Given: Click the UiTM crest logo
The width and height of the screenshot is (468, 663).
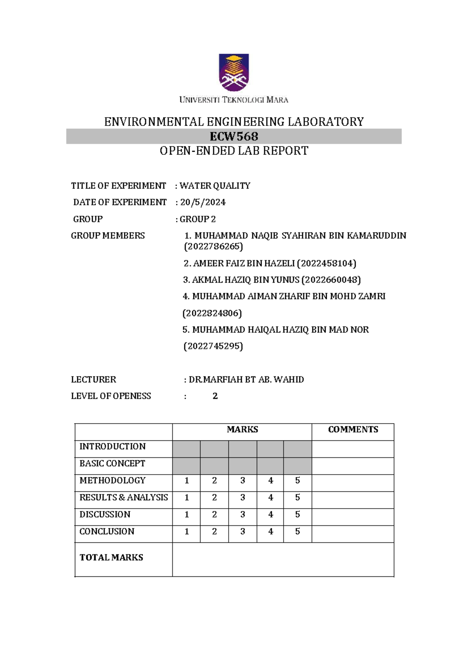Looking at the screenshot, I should pyautogui.click(x=234, y=73).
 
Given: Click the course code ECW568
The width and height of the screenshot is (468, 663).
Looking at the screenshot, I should pyautogui.click(x=234, y=136).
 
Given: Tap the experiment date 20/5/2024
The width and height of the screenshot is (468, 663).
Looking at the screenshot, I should pyautogui.click(x=203, y=202).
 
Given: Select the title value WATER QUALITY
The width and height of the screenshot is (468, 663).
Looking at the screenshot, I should pyautogui.click(x=215, y=186).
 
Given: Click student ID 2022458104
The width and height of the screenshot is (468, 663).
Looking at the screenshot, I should pyautogui.click(x=327, y=263).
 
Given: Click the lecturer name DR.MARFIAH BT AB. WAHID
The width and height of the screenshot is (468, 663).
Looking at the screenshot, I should pyautogui.click(x=246, y=379).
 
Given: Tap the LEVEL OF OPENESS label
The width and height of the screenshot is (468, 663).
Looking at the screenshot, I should pyautogui.click(x=111, y=396).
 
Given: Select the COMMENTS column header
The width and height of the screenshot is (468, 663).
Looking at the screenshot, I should pyautogui.click(x=353, y=429).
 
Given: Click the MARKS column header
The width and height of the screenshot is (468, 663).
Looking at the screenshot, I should pyautogui.click(x=242, y=429).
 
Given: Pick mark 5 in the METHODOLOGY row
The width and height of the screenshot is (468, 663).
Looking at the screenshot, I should pyautogui.click(x=298, y=480).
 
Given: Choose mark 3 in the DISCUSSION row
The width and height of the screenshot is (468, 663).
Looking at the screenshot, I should pyautogui.click(x=243, y=514).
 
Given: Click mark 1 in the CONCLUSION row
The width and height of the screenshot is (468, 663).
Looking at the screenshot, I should pyautogui.click(x=186, y=532).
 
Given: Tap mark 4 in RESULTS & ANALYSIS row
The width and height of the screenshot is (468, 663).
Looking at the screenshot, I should pyautogui.click(x=270, y=498).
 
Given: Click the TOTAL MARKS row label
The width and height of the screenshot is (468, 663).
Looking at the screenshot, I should pyautogui.click(x=111, y=557).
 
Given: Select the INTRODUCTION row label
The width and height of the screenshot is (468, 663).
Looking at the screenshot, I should pyautogui.click(x=112, y=447).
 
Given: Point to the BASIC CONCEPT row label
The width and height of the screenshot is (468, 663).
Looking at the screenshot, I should pyautogui.click(x=112, y=463).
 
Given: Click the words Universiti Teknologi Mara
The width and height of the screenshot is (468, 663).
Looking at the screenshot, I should pyautogui.click(x=234, y=100).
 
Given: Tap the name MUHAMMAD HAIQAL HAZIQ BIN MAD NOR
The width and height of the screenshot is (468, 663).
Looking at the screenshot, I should pyautogui.click(x=280, y=330).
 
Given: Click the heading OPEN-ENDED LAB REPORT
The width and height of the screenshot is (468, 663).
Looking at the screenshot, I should pyautogui.click(x=234, y=151).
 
